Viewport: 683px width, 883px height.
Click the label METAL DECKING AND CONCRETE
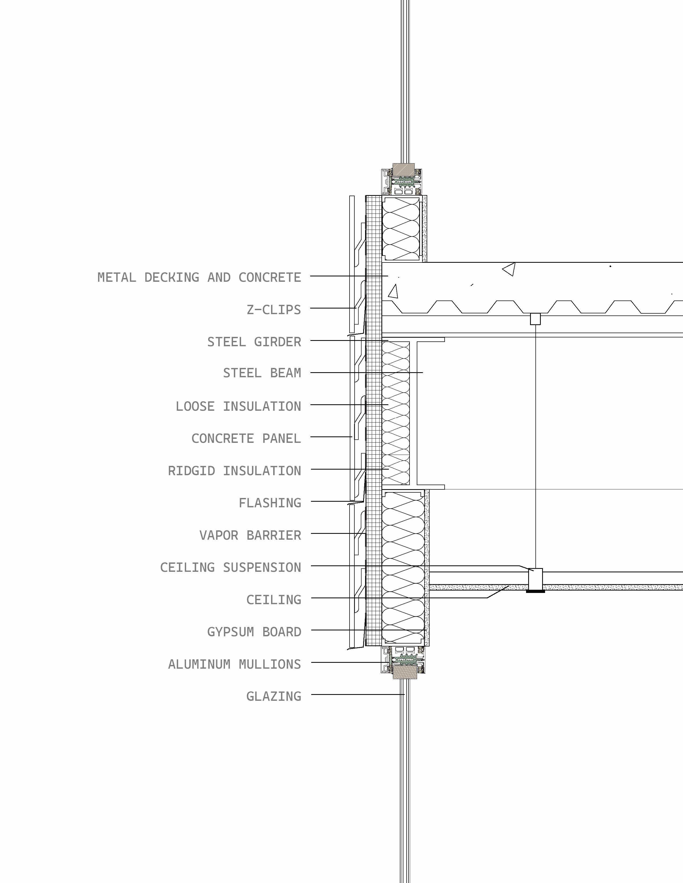point(199,277)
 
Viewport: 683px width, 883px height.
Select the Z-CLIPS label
point(274,310)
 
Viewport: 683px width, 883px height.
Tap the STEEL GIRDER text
point(254,342)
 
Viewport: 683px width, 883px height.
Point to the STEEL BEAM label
point(262,373)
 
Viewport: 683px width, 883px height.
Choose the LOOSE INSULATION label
point(238,406)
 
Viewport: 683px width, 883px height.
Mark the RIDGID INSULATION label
point(235,471)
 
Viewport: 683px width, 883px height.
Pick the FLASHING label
point(270,503)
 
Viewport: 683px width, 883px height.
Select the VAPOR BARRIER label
point(250,535)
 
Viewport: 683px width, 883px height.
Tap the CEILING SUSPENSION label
point(231,567)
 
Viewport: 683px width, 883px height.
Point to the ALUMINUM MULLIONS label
point(235,664)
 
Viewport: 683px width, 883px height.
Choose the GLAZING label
point(274,696)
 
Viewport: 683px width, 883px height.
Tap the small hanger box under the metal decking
point(535,319)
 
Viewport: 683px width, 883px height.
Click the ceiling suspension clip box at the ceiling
point(536,579)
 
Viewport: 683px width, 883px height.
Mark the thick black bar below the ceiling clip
point(535,592)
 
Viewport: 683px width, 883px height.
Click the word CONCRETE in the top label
point(270,277)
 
